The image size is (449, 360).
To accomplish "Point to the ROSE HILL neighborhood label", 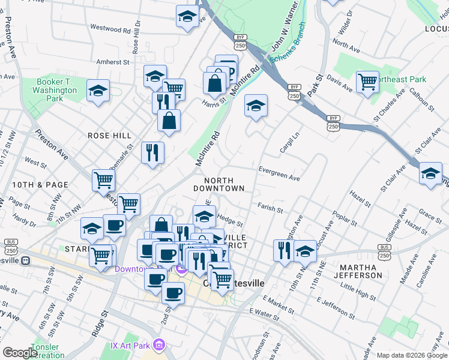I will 109,136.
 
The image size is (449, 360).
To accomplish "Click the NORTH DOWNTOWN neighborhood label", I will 224,184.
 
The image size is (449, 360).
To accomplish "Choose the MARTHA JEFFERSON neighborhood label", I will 360,271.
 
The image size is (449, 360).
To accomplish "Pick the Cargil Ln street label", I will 289,143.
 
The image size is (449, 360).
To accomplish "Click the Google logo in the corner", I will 20,353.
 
